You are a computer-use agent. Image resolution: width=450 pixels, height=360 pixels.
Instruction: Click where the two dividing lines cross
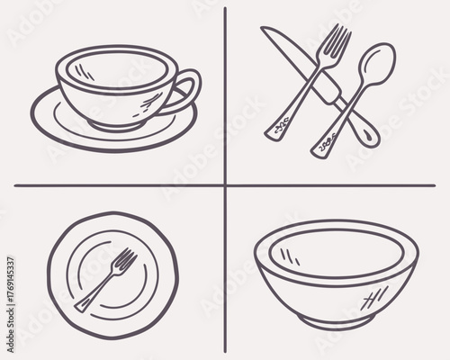(x=225, y=185)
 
